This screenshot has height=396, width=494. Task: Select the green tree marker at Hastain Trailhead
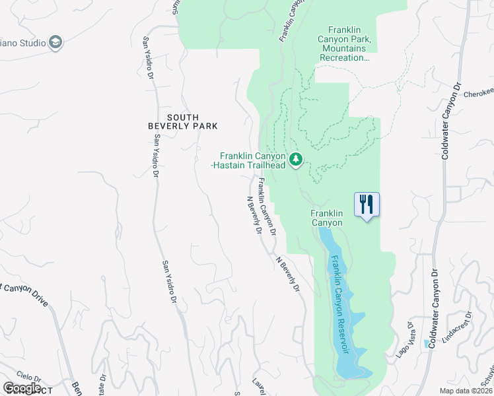tap(297, 158)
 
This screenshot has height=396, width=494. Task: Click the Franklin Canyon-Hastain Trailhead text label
tap(248, 160)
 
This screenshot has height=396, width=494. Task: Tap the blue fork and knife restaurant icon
tap(367, 204)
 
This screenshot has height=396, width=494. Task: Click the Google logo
tap(22, 387)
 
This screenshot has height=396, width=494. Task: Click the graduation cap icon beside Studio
tap(55, 43)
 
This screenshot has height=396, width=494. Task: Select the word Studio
tap(31, 43)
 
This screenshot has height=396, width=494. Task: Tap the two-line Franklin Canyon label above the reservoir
tap(327, 218)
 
